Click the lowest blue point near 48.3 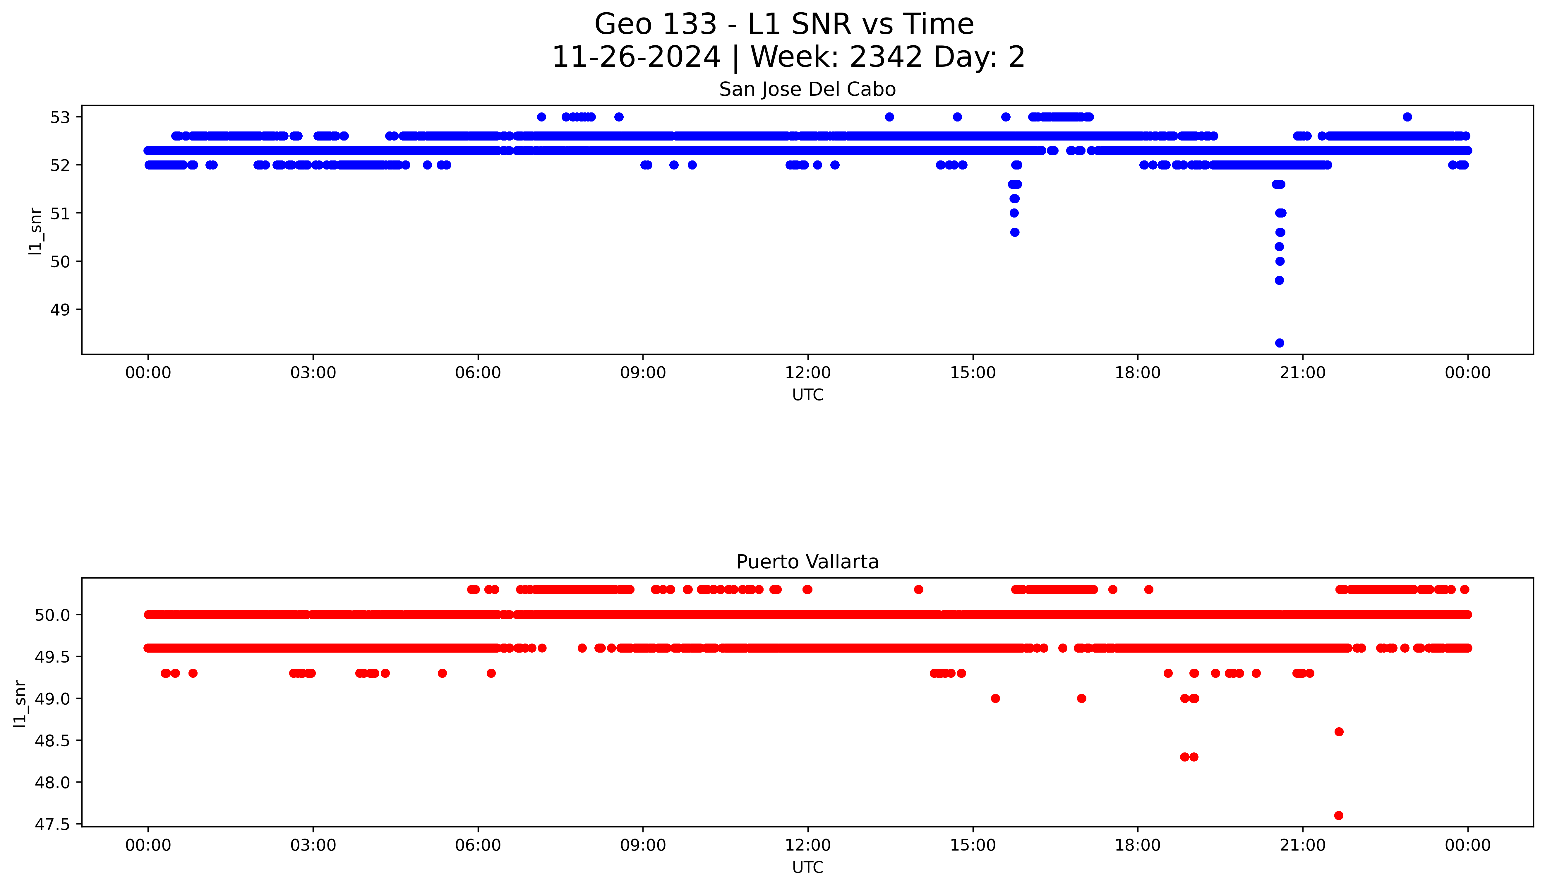click(x=1279, y=343)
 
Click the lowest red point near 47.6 click(x=1338, y=815)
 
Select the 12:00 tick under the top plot click(x=807, y=373)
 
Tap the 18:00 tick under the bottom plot click(x=1137, y=845)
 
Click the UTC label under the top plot click(x=807, y=395)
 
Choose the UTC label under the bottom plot click(x=807, y=867)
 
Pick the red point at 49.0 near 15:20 click(x=995, y=698)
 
